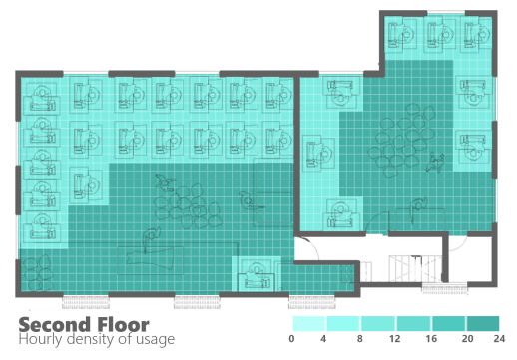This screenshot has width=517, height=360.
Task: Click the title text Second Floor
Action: [x=84, y=325]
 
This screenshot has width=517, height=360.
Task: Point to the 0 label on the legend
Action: [x=292, y=340]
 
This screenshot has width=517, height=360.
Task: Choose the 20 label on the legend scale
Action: [x=467, y=340]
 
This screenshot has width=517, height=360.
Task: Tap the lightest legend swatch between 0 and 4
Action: [x=309, y=324]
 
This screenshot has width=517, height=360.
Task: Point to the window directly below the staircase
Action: [x=441, y=288]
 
